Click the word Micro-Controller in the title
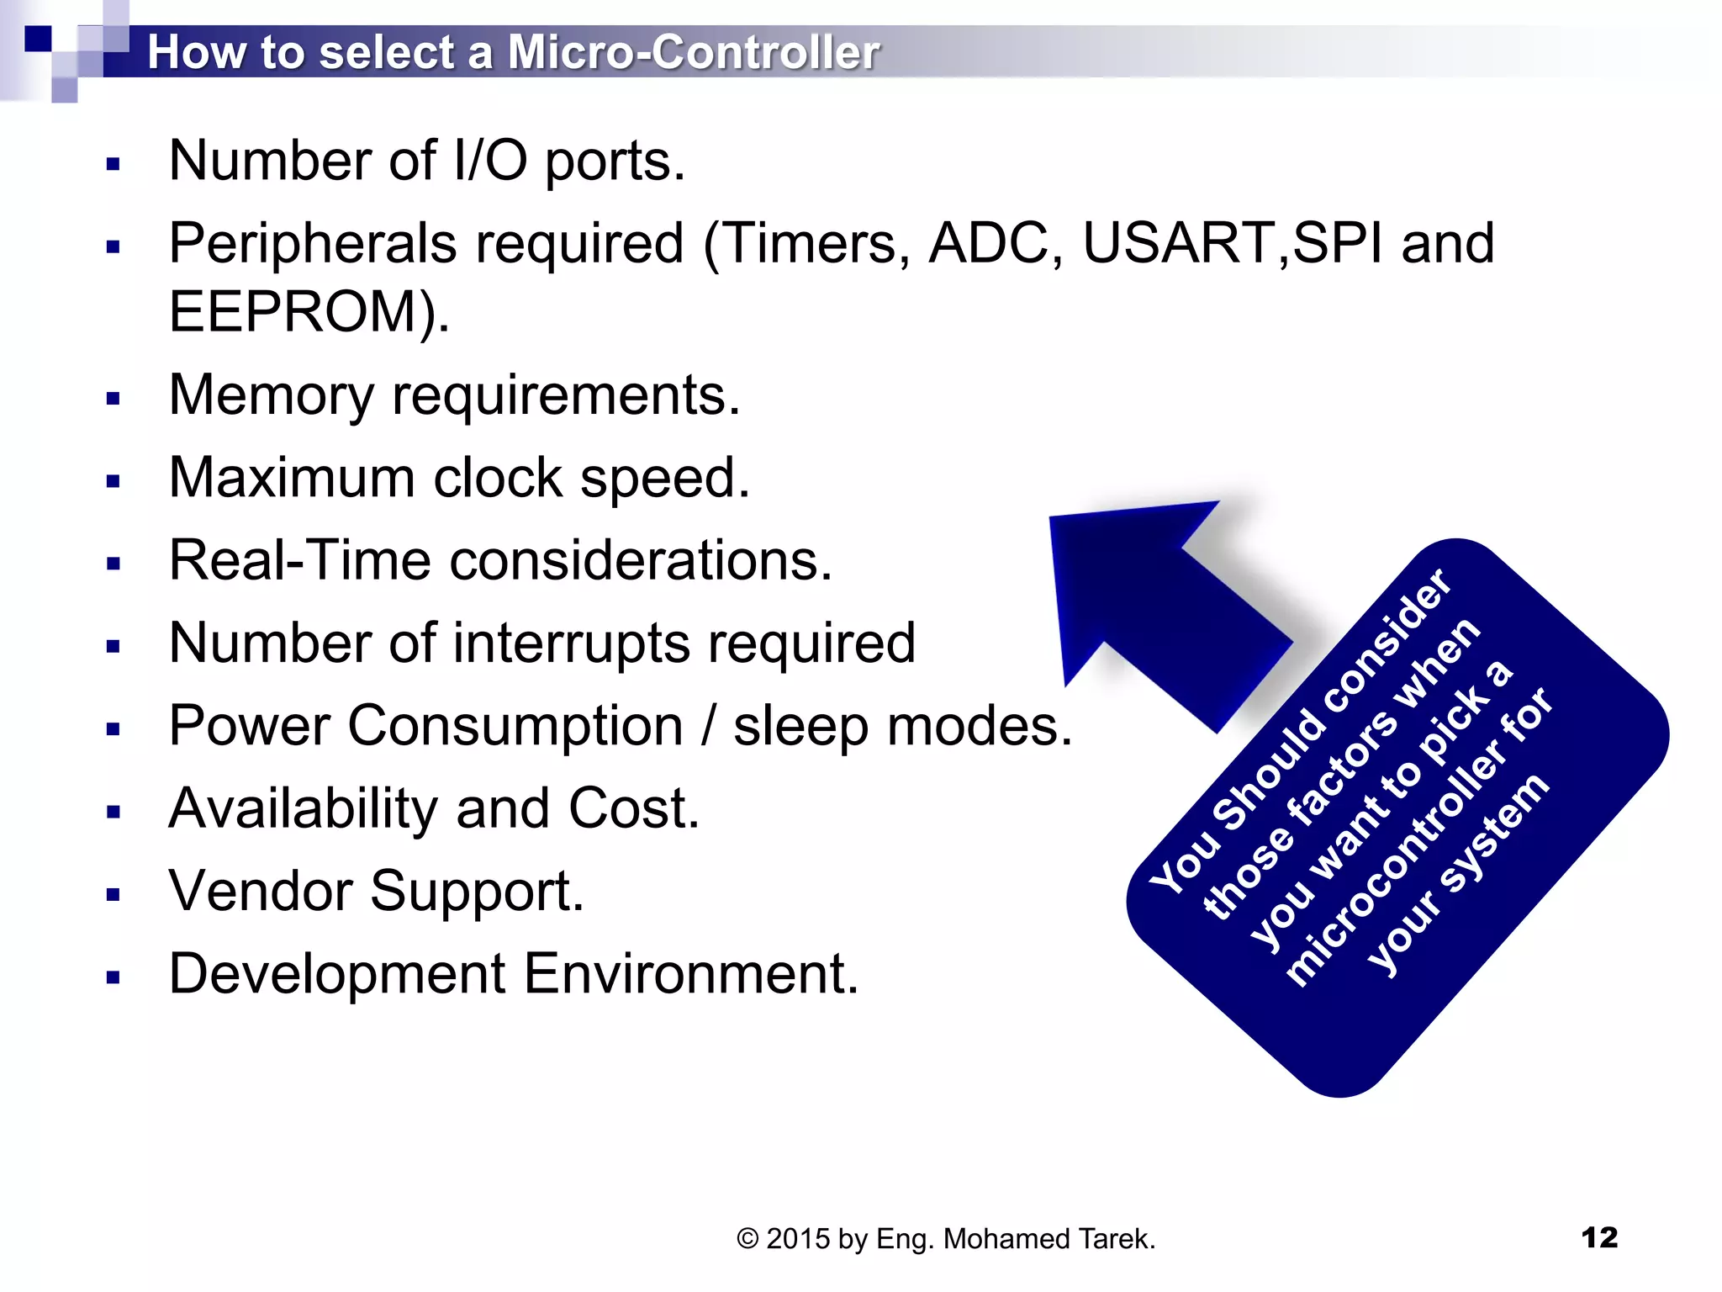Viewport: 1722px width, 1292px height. click(x=693, y=52)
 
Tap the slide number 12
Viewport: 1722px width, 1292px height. click(x=1598, y=1237)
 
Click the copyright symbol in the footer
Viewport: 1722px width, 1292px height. click(x=747, y=1239)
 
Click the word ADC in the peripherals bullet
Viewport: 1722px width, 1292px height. click(x=988, y=244)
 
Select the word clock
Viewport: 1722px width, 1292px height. click(x=498, y=478)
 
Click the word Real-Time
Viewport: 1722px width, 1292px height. click(x=299, y=560)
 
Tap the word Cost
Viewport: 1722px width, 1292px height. click(x=632, y=808)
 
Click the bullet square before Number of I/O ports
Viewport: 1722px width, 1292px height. click(x=114, y=164)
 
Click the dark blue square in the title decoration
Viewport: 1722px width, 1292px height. click(x=38, y=39)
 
